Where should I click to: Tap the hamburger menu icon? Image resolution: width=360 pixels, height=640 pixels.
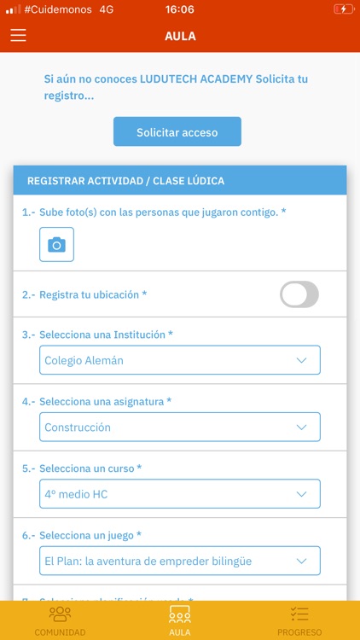19,36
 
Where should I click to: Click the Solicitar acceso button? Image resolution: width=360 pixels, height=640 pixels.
177,132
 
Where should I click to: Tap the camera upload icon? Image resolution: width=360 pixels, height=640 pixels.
56,245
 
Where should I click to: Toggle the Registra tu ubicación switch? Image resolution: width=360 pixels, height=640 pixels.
299,294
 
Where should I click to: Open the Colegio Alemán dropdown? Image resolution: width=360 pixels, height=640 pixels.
180,360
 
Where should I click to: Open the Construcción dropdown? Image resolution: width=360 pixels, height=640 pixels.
180,427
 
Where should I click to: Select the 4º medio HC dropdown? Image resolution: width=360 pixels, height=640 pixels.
180,494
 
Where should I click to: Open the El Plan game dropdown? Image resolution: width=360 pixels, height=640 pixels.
180,561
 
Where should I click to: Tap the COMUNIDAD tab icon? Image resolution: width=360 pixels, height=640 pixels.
60,614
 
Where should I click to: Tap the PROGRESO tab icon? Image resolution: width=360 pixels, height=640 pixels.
299,614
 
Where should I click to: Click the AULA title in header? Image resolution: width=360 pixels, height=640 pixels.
180,36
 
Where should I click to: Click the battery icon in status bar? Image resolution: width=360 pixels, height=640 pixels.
341,9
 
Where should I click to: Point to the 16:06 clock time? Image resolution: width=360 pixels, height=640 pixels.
180,9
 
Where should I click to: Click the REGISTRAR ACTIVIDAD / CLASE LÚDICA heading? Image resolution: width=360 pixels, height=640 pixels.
126,181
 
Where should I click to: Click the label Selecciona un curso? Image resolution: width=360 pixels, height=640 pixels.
90,468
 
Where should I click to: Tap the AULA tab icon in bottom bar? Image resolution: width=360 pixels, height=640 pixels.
180,614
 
